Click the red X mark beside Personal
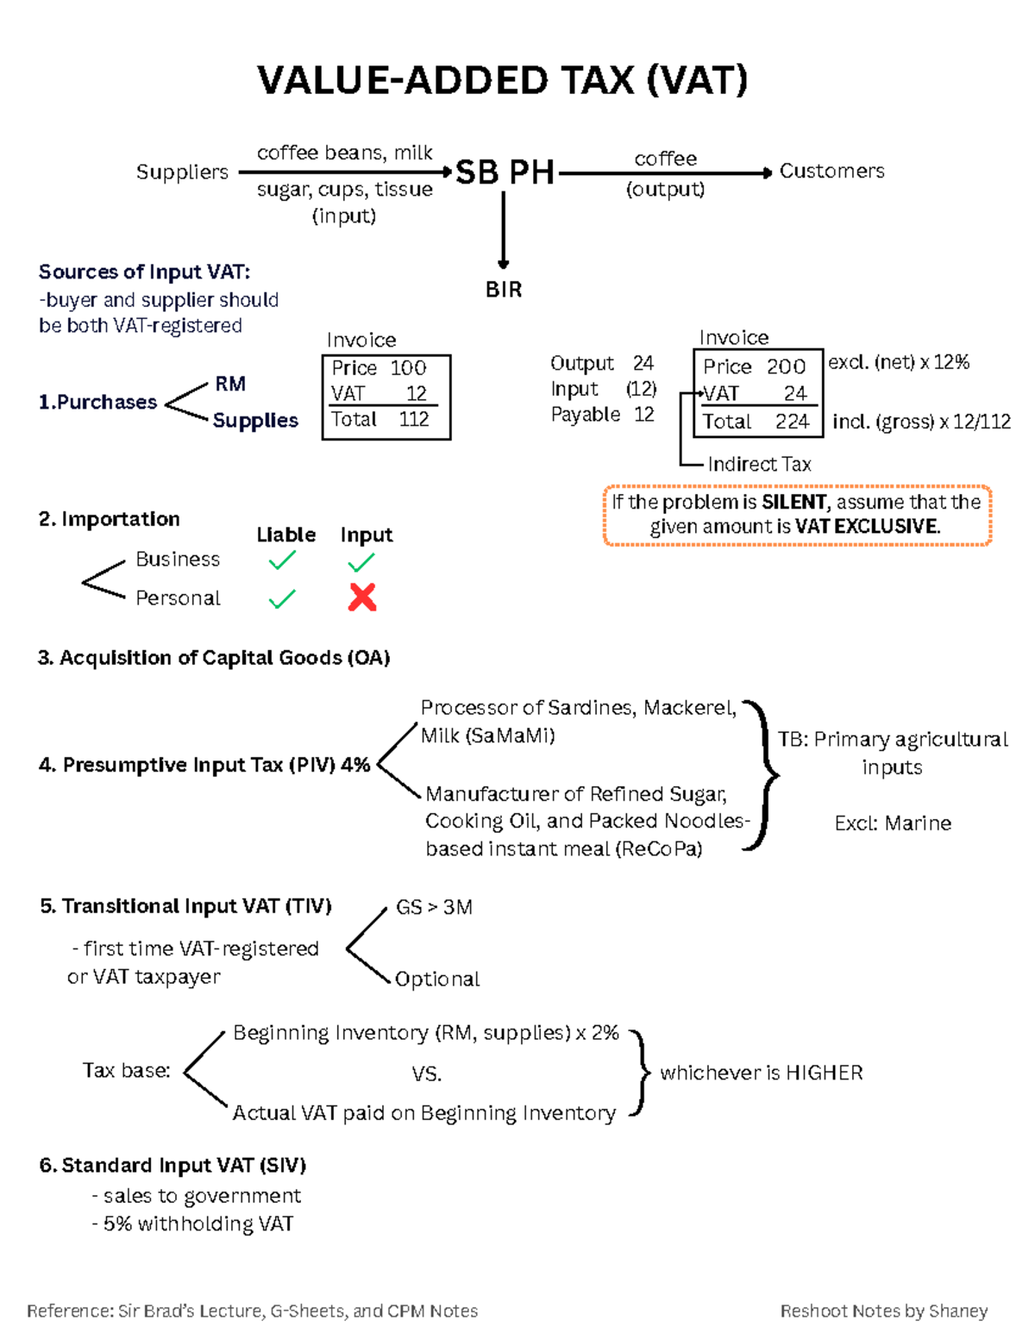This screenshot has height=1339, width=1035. click(x=362, y=598)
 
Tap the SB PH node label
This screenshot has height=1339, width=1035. click(x=505, y=172)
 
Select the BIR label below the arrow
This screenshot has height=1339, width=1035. click(x=504, y=290)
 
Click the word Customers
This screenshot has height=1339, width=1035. click(x=831, y=171)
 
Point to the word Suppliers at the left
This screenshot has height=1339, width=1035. click(x=182, y=172)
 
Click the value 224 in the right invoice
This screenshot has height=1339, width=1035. click(x=792, y=422)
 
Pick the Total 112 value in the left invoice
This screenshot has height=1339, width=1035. click(x=414, y=420)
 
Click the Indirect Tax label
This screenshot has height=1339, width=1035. click(x=759, y=465)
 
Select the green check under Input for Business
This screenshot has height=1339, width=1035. click(x=361, y=563)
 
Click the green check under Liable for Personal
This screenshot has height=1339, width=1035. click(x=282, y=598)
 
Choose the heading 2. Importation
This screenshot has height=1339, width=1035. click(x=110, y=519)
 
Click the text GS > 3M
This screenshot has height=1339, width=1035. click(x=434, y=907)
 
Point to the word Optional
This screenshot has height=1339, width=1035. click(x=437, y=979)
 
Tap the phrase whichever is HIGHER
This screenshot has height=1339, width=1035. click(x=761, y=1073)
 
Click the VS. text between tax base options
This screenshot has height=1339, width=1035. click(x=427, y=1074)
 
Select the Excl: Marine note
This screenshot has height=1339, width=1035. click(x=893, y=823)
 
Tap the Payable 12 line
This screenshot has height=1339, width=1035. click(x=602, y=415)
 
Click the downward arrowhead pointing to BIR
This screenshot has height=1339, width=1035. click(x=504, y=264)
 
